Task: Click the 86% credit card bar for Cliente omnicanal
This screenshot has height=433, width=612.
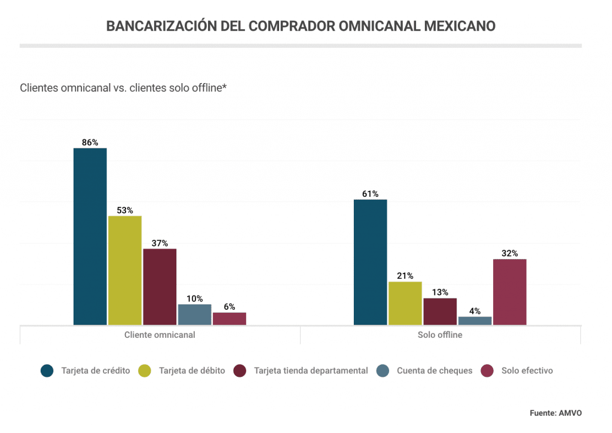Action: click(90, 236)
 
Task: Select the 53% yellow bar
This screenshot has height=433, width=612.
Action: click(125, 270)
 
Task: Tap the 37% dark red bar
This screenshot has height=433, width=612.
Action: click(160, 286)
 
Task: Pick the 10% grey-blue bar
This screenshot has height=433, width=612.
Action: click(195, 315)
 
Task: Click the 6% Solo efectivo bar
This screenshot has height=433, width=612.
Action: click(229, 319)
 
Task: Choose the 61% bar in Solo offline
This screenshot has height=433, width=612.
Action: click(371, 262)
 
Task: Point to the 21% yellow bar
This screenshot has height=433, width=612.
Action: click(405, 303)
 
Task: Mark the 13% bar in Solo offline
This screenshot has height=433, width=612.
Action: click(440, 312)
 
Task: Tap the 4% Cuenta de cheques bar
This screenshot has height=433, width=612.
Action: click(475, 321)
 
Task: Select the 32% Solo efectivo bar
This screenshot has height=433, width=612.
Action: click(510, 292)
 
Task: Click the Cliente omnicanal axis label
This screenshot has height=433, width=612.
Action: click(160, 335)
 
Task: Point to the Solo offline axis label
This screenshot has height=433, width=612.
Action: click(440, 335)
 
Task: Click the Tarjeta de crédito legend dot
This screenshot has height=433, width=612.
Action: click(47, 371)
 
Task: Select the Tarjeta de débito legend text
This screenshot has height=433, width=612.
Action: click(192, 371)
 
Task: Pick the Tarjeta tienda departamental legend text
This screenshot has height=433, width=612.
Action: click(311, 371)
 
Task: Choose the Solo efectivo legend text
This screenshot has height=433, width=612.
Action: click(527, 371)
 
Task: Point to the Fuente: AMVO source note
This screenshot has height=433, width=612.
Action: click(555, 413)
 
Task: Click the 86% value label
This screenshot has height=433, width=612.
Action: click(90, 142)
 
